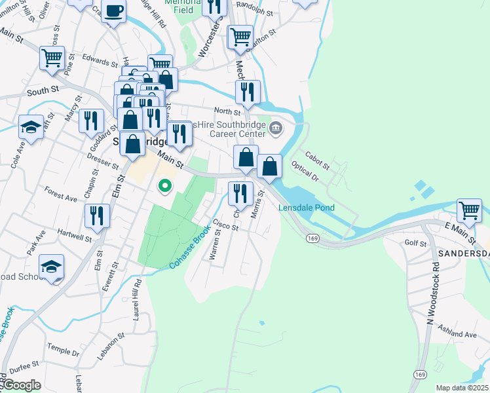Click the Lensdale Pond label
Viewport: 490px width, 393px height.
pos(307,208)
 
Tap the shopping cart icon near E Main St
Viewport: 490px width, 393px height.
pos(470,211)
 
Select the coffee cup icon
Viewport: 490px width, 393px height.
pos(114,11)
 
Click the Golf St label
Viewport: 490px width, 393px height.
pos(415,243)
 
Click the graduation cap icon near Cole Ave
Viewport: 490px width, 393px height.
pos(31,126)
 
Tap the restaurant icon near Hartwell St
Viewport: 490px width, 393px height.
pos(97,215)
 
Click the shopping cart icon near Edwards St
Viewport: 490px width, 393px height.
pos(52,57)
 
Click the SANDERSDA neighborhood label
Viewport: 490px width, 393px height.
pos(462,253)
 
